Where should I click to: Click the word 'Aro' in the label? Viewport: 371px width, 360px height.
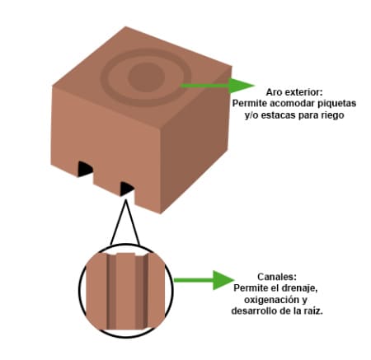274,92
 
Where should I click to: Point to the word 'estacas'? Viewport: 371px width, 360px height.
276,115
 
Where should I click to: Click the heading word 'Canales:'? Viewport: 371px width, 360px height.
277,276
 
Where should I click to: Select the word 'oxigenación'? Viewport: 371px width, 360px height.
271,300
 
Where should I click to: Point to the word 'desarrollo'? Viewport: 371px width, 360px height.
253,311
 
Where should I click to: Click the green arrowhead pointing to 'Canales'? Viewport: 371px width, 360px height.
223,280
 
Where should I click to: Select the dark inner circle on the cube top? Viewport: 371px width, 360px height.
147,76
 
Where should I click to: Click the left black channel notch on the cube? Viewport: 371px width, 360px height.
85,169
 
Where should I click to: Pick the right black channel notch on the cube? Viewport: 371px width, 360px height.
126,189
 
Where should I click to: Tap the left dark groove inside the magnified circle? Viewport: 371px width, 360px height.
110,292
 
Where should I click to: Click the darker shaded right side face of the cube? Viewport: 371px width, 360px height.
195,140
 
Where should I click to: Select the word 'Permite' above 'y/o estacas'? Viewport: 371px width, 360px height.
250,104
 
